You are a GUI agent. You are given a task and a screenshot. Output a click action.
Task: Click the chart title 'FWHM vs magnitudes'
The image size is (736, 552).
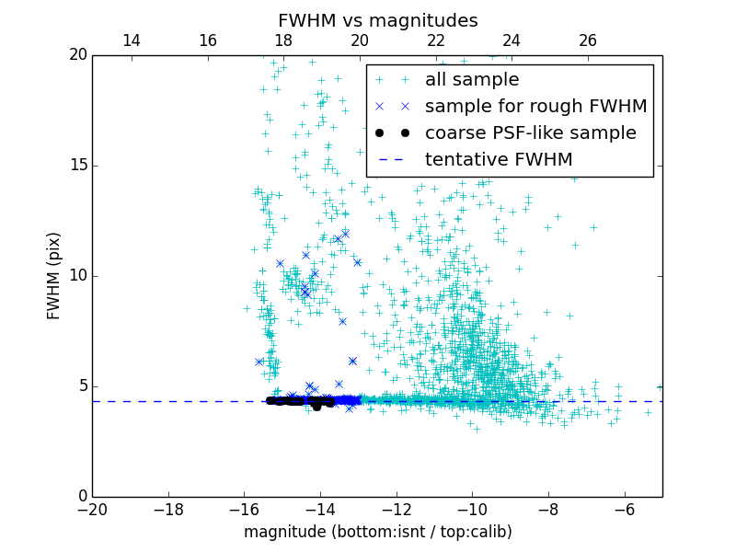click(x=377, y=20)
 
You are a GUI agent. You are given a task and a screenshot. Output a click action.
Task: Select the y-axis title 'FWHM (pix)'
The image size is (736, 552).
click(x=54, y=276)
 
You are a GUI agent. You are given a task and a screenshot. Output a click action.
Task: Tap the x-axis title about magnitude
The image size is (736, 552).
click(x=377, y=532)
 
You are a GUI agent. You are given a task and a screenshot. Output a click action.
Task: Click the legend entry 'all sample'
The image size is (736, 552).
click(x=472, y=80)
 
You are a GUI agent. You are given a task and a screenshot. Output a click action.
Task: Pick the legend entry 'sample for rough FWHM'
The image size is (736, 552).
click(x=535, y=107)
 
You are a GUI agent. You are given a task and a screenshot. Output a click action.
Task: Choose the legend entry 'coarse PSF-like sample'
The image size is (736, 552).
click(x=530, y=133)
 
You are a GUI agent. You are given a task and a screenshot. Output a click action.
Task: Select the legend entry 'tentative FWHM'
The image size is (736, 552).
click(x=499, y=160)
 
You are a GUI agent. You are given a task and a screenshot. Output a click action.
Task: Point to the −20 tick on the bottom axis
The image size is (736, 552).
click(x=92, y=510)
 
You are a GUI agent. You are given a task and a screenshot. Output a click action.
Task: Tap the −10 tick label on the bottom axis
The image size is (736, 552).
click(x=472, y=510)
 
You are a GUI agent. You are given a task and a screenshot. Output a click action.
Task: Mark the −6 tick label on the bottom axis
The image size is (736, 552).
click(x=624, y=510)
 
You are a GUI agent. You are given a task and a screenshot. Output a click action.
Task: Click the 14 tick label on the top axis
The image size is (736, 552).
click(x=132, y=40)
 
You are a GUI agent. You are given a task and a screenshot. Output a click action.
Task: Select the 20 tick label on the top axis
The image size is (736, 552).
click(x=360, y=40)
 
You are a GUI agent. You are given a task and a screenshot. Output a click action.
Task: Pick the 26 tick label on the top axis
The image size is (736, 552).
click(x=588, y=40)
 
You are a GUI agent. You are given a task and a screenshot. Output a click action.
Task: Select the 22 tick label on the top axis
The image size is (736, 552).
click(x=436, y=40)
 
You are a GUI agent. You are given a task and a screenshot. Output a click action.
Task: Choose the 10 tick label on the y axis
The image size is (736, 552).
click(x=76, y=276)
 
